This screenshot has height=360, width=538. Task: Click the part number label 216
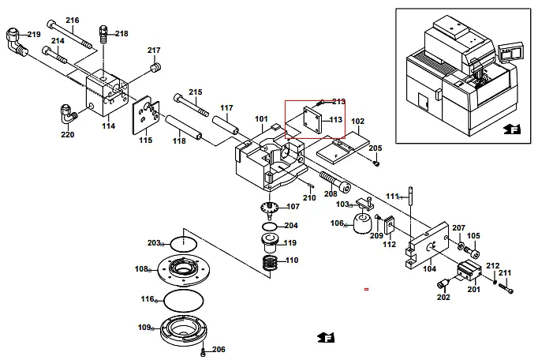pos(73,20)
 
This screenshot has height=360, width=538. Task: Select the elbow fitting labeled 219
pos(13,41)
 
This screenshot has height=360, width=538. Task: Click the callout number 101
pos(261,119)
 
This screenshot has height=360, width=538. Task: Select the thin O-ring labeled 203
pos(182,243)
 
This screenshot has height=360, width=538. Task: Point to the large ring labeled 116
pos(182,301)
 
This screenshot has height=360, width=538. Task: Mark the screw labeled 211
pos(507,290)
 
